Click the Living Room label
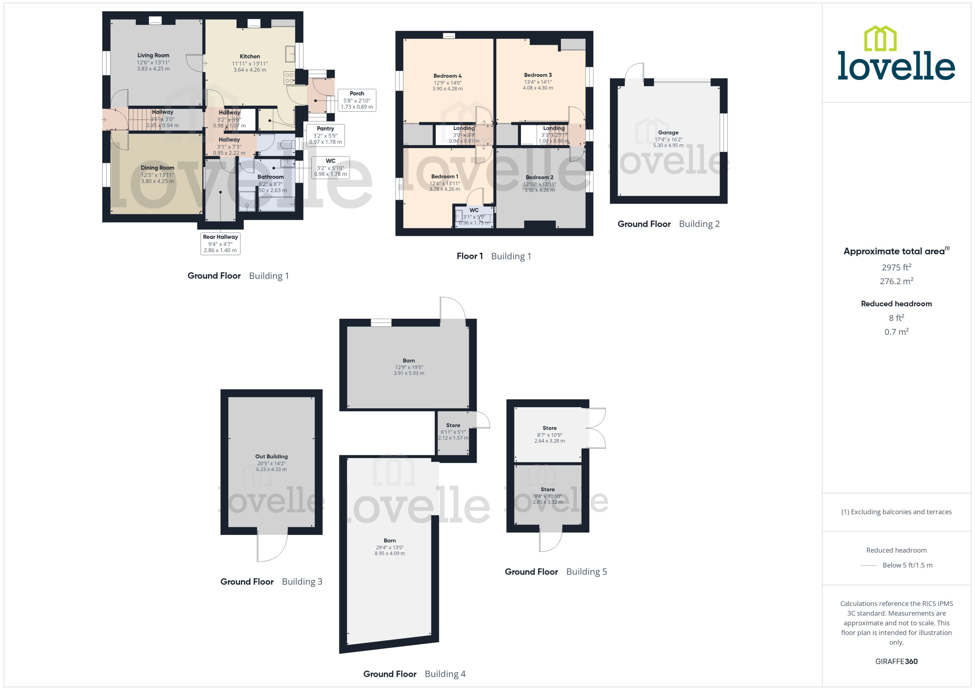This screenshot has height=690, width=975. pyautogui.click(x=153, y=55)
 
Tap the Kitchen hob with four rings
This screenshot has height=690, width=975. pyautogui.click(x=289, y=78)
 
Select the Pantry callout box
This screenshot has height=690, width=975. pyautogui.click(x=325, y=135)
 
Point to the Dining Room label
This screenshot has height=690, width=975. pyautogui.click(x=157, y=168)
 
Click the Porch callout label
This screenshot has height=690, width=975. pyautogui.click(x=357, y=94)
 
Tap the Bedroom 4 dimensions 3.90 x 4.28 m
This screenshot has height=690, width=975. pyautogui.click(x=447, y=89)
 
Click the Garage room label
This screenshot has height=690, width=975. pyautogui.click(x=668, y=133)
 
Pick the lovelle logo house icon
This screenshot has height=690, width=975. pyautogui.click(x=880, y=39)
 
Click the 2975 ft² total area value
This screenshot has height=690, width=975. pyautogui.click(x=896, y=267)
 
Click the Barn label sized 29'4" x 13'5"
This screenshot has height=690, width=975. pyautogui.click(x=389, y=540)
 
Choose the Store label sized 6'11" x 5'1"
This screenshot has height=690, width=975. pyautogui.click(x=453, y=425)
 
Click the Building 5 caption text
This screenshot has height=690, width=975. pyautogui.click(x=586, y=571)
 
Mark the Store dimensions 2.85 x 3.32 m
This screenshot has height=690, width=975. pyautogui.click(x=548, y=502)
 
